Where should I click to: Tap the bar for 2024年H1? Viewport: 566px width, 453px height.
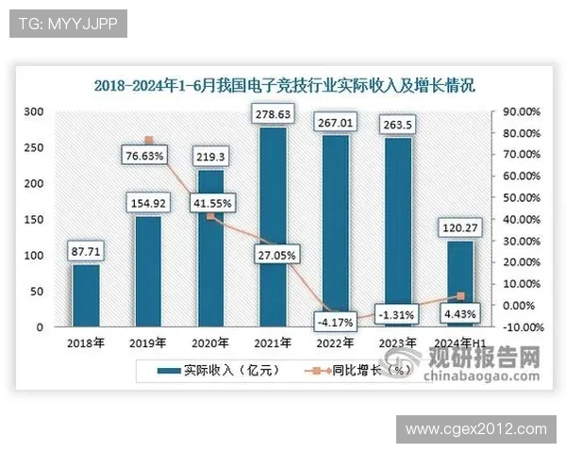(x=459, y=284)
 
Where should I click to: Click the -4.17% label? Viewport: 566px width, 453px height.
(x=336, y=322)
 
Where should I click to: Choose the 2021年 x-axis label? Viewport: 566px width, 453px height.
(x=272, y=343)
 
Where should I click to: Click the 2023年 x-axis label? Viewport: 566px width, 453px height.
(x=396, y=343)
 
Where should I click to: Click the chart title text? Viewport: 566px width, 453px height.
(x=284, y=85)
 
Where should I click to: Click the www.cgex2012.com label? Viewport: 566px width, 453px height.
(x=475, y=428)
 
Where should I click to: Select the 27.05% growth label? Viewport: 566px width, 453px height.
(x=273, y=254)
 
